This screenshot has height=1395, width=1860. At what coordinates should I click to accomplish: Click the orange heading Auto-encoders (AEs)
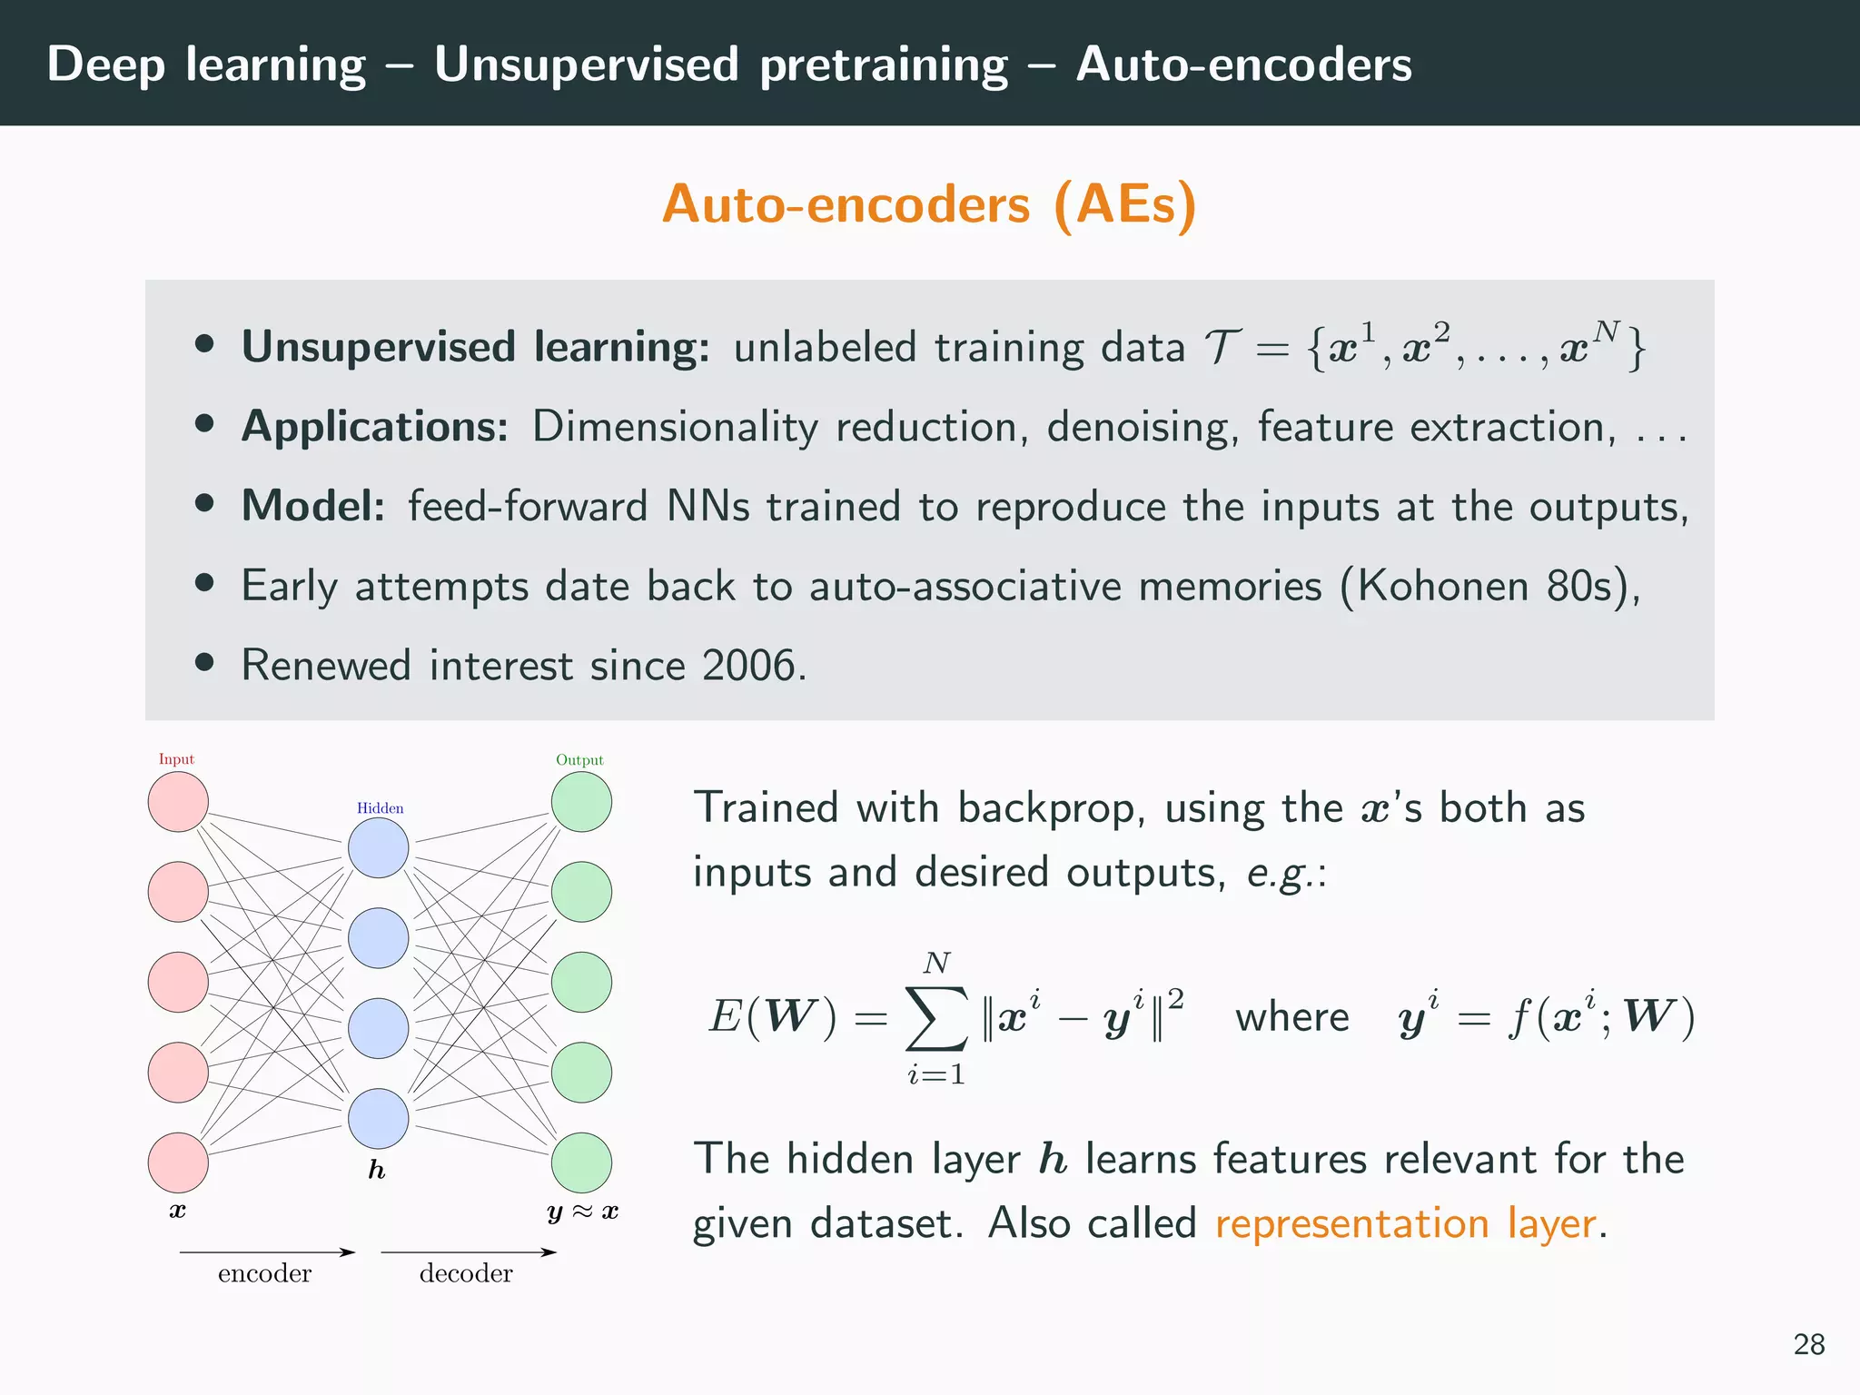tap(929, 204)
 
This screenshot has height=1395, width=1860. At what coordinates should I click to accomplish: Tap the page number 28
tap(1808, 1344)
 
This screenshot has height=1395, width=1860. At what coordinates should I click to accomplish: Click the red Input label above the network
tap(176, 759)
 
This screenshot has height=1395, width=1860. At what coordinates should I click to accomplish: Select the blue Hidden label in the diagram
tap(380, 808)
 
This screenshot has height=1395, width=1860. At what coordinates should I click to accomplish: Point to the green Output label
tap(579, 760)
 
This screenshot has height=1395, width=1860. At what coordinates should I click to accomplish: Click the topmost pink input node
tap(178, 802)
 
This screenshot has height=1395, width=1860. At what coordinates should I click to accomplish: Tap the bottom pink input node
tap(178, 1162)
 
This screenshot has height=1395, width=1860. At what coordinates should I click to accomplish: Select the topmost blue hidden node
tap(379, 848)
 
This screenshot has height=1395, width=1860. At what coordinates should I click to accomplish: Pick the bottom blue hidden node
tap(379, 1119)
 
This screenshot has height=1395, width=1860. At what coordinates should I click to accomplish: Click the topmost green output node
tap(581, 802)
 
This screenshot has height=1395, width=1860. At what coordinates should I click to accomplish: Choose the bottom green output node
tap(581, 1162)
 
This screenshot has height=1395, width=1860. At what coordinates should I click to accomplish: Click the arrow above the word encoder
tap(267, 1252)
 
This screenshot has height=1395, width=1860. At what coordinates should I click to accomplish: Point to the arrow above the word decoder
tap(468, 1252)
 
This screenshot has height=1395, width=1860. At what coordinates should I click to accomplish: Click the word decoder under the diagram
tap(466, 1273)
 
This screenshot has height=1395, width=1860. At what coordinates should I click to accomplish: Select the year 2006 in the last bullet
tap(748, 666)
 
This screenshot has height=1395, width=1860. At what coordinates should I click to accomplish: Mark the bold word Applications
tap(375, 427)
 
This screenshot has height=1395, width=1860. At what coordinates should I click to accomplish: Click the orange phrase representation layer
tap(1406, 1223)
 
